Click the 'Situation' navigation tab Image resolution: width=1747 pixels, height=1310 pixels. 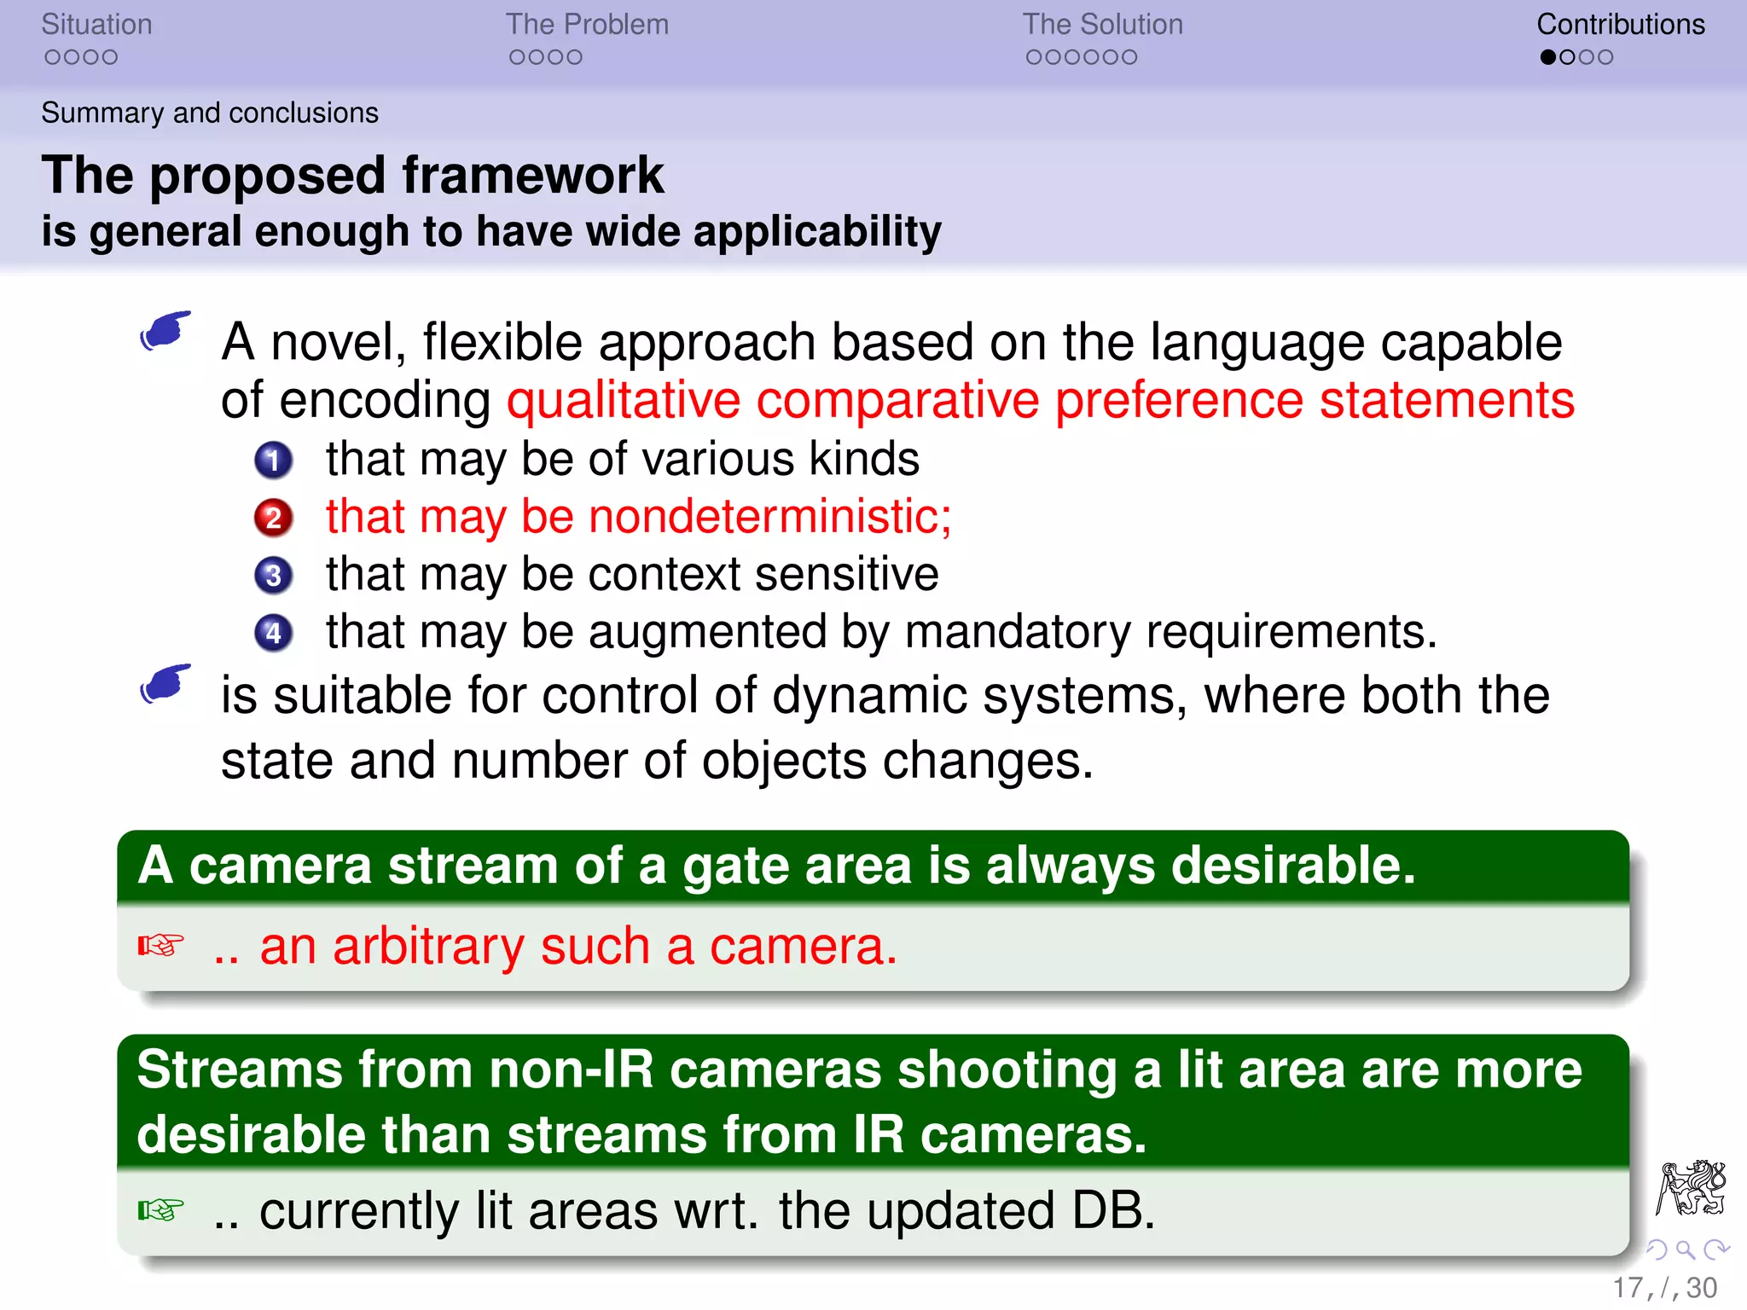click(x=96, y=25)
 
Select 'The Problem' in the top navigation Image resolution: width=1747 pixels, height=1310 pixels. click(x=587, y=25)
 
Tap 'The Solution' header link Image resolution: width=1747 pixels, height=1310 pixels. click(x=1102, y=25)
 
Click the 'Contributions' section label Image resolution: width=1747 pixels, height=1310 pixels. click(x=1620, y=25)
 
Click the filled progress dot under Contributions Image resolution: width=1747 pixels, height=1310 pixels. click(x=1548, y=57)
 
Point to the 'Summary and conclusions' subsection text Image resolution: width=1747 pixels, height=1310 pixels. click(x=210, y=113)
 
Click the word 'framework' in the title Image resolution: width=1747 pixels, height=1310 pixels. click(x=532, y=176)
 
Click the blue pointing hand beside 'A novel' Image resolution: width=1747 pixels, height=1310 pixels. click(x=165, y=331)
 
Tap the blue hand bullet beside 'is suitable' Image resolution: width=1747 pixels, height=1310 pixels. click(x=165, y=684)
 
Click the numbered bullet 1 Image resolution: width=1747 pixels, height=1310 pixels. click(x=273, y=461)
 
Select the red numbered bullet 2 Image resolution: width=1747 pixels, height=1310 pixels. click(x=273, y=518)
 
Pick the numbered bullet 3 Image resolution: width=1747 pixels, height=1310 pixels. click(x=273, y=576)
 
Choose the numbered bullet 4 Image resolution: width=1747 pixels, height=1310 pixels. click(x=273, y=633)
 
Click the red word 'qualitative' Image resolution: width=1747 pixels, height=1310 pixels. click(x=624, y=400)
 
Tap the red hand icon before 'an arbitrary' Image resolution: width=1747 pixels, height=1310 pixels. click(x=160, y=946)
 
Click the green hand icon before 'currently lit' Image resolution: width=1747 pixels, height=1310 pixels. click(x=160, y=1210)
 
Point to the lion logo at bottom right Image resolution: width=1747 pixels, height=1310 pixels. click(x=1691, y=1187)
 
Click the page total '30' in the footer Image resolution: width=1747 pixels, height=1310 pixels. click(x=1702, y=1288)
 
